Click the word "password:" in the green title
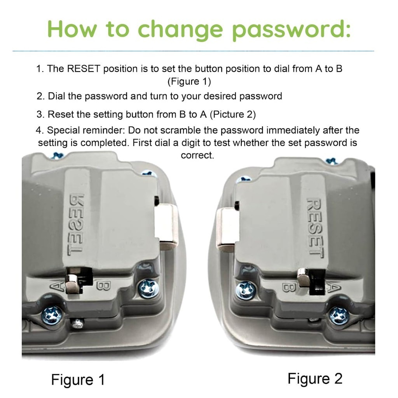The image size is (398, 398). tap(292, 30)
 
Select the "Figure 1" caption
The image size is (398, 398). tap(78, 380)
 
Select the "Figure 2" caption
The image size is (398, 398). tap(315, 379)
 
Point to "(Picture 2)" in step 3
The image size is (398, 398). tap(233, 115)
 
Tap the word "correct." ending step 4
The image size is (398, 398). tap(197, 155)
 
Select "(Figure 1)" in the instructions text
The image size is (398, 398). tap(189, 82)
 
